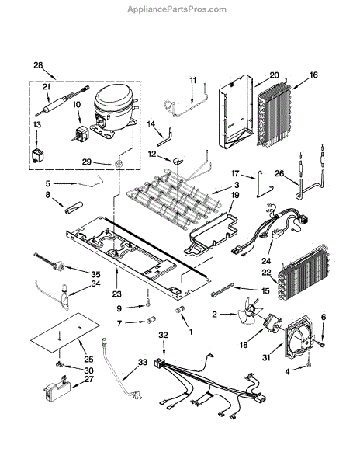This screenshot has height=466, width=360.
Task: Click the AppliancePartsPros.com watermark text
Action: tap(177, 9)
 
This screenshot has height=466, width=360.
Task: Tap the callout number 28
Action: tap(38, 65)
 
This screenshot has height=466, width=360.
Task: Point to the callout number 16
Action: tap(313, 75)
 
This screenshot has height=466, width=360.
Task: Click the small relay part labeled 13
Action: tap(37, 155)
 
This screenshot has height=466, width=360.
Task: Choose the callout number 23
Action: tap(117, 294)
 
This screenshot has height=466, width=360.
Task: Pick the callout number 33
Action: tap(143, 363)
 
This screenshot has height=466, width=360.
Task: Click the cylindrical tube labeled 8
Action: tap(74, 207)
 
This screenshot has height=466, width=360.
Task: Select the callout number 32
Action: tap(163, 336)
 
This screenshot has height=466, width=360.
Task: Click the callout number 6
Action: tap(324, 317)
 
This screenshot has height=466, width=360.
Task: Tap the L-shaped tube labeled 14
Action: tap(166, 137)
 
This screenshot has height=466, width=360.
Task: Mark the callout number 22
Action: tap(267, 273)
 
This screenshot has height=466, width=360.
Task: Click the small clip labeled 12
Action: tap(178, 161)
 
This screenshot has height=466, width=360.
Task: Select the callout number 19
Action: tap(236, 195)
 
